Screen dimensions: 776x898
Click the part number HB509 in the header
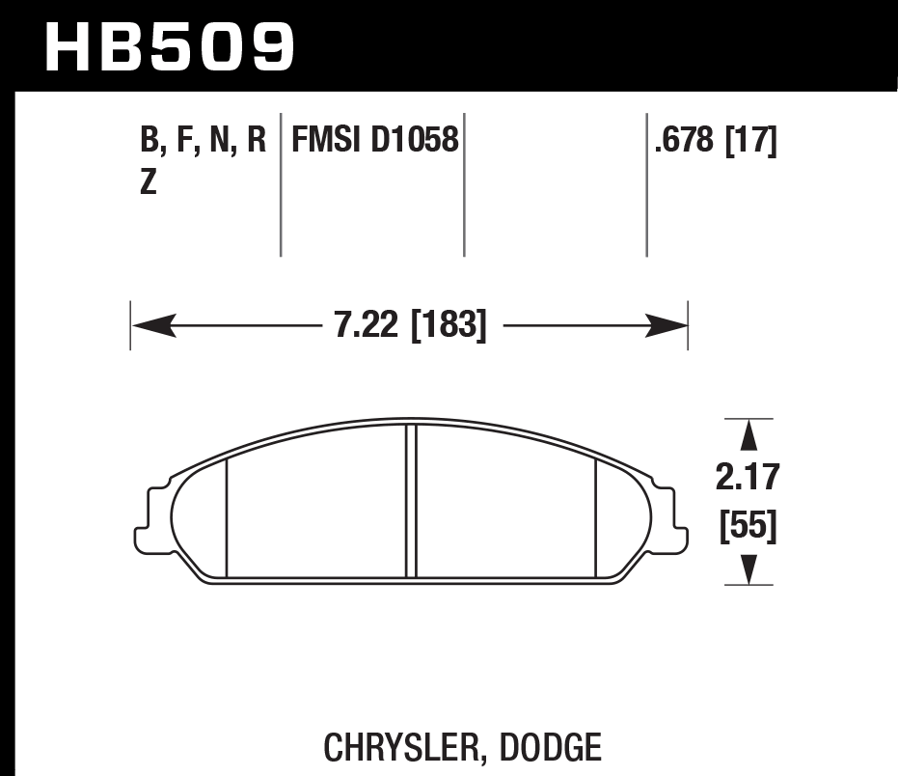[170, 44]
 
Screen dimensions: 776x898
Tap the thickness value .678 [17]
[715, 142]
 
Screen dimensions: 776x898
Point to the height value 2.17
[748, 477]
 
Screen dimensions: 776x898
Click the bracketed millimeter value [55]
[748, 528]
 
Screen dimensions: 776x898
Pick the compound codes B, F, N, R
[203, 142]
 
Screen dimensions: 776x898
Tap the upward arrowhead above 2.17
[748, 438]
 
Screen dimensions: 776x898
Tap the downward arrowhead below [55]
[748, 568]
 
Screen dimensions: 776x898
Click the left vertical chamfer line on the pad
[225, 516]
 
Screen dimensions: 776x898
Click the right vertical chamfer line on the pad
[596, 516]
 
